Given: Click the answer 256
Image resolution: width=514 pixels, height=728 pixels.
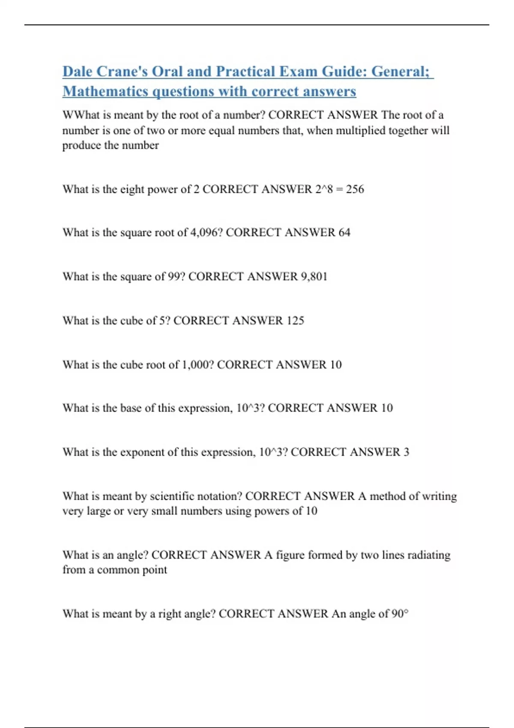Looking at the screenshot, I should [x=355, y=189].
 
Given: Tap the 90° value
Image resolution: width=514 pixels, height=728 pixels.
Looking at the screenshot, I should [x=400, y=614].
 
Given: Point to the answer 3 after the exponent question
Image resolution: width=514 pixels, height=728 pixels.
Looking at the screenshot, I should [x=406, y=452].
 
